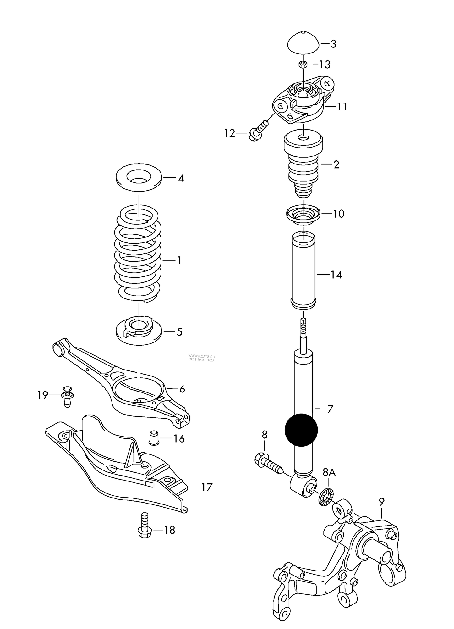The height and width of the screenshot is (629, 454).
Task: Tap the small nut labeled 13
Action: pyautogui.click(x=303, y=65)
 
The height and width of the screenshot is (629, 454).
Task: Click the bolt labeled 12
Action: pyautogui.click(x=258, y=132)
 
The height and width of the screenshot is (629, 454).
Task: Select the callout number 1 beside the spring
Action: pyautogui.click(x=179, y=260)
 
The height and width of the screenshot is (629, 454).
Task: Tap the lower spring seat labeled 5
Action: pyautogui.click(x=139, y=332)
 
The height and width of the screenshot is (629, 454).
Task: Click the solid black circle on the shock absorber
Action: pyautogui.click(x=301, y=430)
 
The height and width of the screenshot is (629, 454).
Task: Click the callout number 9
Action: pyautogui.click(x=381, y=502)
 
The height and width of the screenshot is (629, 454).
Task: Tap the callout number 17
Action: pyautogui.click(x=206, y=487)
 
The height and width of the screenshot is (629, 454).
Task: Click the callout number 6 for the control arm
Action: pyautogui.click(x=182, y=389)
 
